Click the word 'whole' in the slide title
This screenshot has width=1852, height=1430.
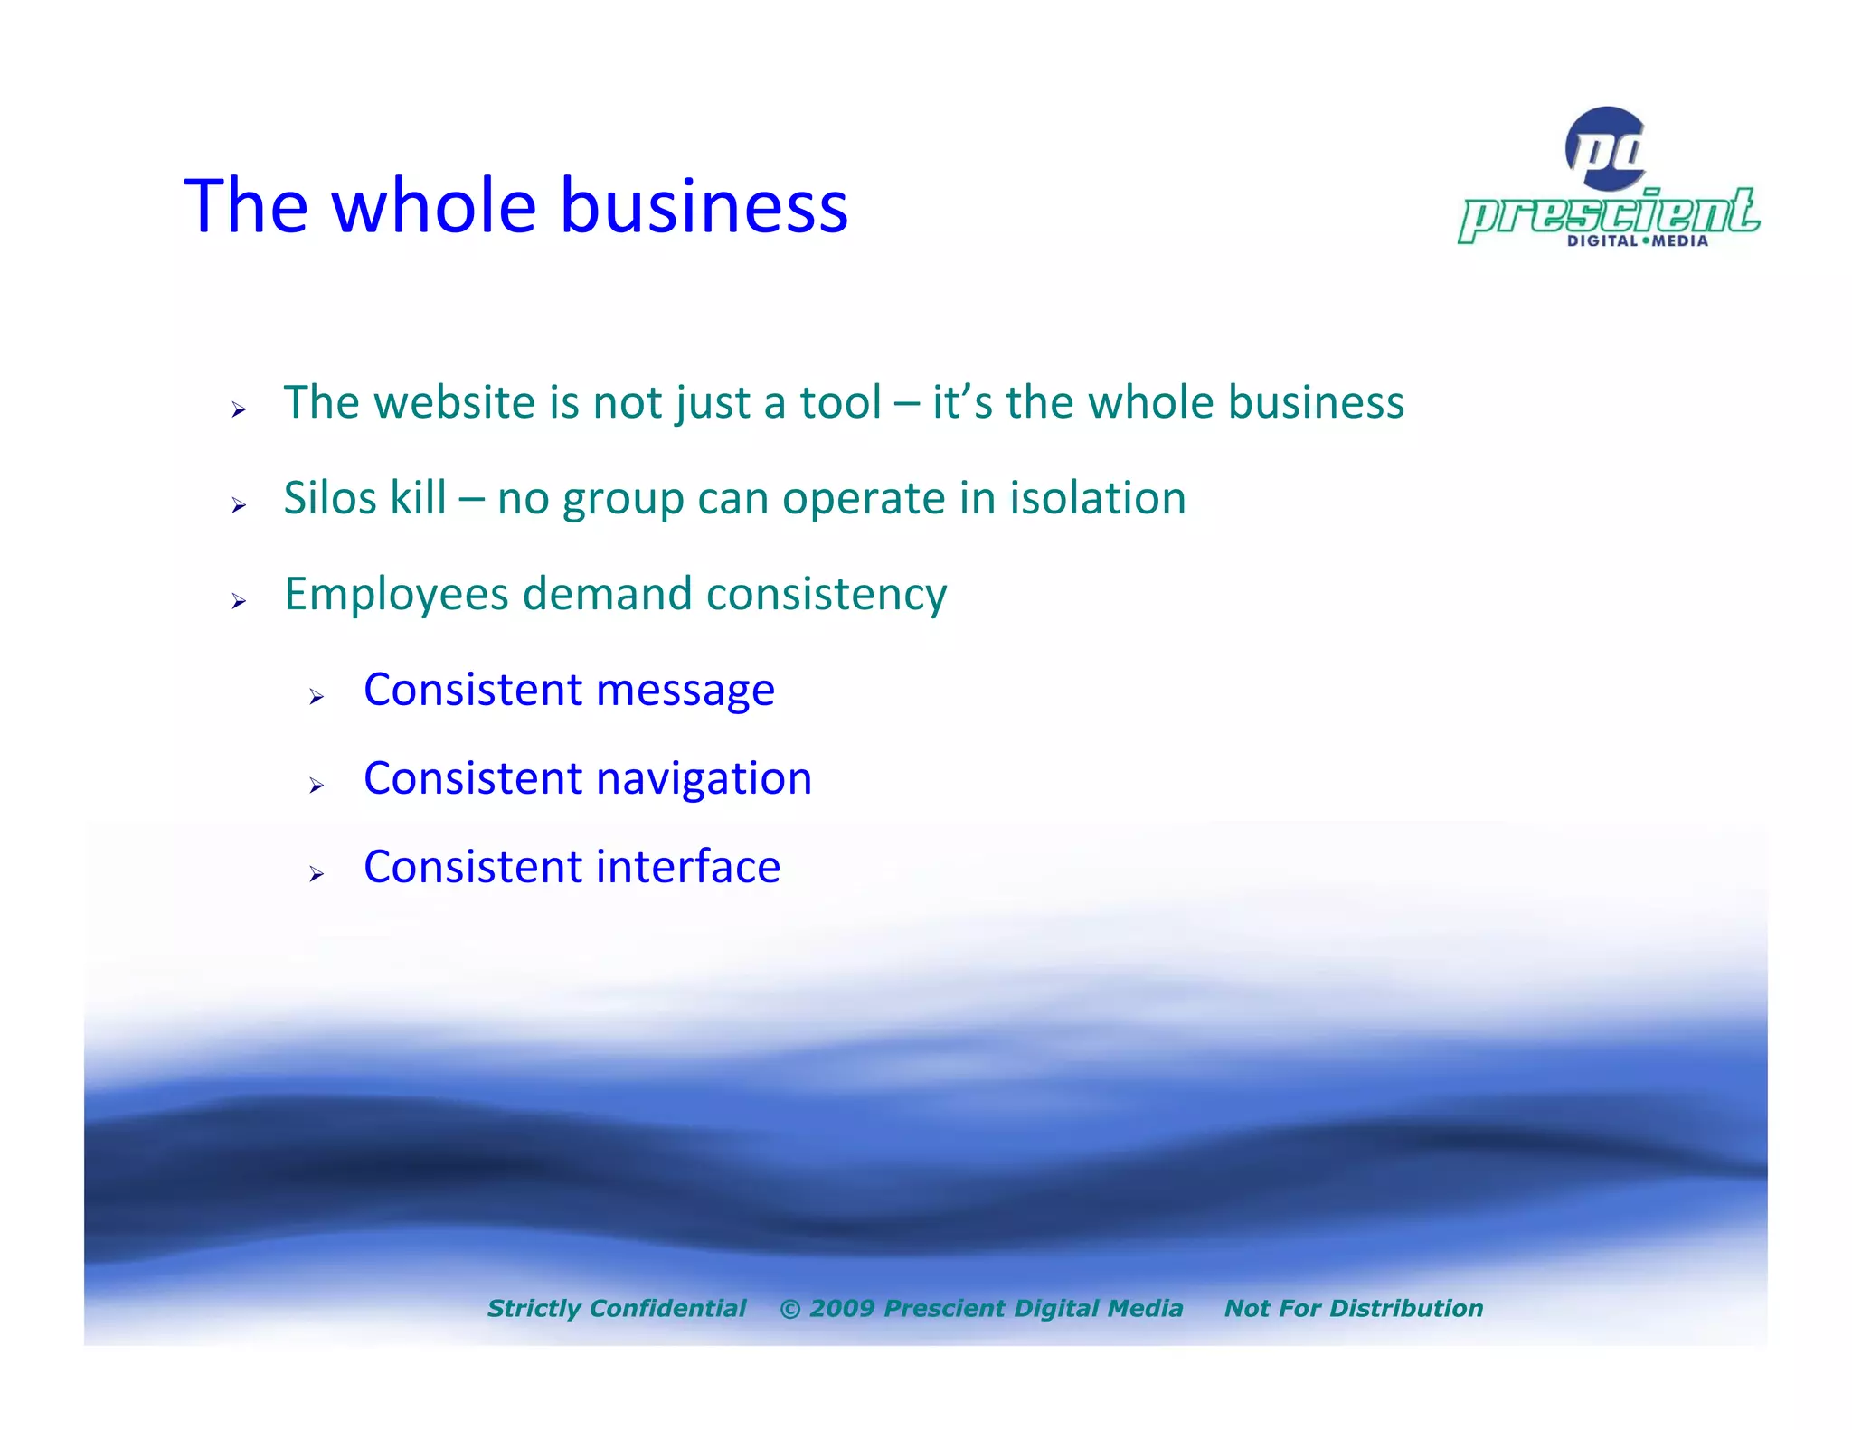click(434, 206)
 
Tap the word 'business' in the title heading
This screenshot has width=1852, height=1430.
click(704, 206)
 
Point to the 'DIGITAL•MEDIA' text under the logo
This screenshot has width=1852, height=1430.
click(1637, 241)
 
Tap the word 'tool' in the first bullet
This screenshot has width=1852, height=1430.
click(840, 402)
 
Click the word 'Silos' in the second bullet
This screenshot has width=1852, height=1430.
click(328, 498)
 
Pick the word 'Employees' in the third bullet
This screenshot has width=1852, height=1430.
click(396, 595)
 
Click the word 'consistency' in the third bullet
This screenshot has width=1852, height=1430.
click(826, 595)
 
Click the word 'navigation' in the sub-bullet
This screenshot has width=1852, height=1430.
click(704, 779)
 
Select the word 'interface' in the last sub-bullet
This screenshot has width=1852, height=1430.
click(687, 867)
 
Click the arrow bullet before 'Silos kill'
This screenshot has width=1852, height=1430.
click(238, 505)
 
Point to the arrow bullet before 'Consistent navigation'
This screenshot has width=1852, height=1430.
click(316, 786)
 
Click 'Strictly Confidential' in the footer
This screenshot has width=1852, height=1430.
click(617, 1308)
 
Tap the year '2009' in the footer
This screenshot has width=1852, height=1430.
click(842, 1308)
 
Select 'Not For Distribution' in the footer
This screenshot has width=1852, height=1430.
click(1353, 1308)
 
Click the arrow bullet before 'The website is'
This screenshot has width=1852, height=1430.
click(238, 410)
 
